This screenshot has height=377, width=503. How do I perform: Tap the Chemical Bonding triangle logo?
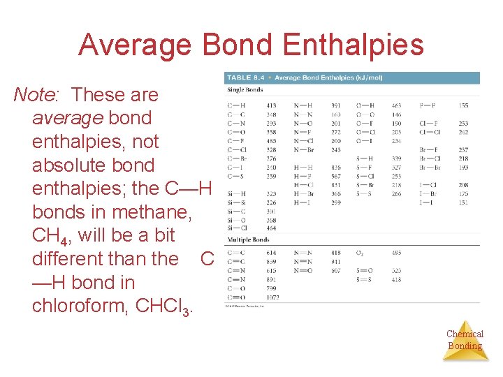pos(465,340)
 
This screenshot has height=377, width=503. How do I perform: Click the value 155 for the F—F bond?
pos(464,105)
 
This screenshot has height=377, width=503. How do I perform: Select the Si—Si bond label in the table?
pos(236,202)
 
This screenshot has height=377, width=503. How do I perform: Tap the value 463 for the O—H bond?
pos(397,105)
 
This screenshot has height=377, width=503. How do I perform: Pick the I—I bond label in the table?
pos(425,202)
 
